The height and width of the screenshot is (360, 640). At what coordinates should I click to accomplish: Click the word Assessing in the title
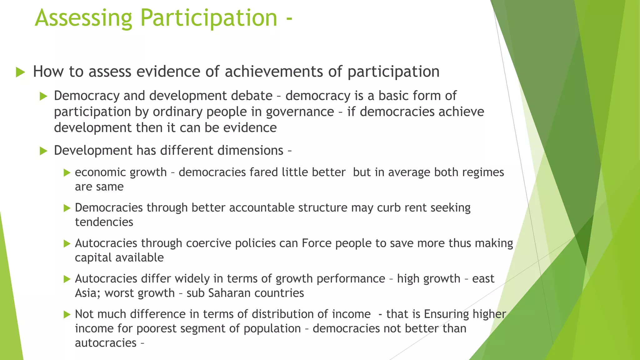click(x=83, y=18)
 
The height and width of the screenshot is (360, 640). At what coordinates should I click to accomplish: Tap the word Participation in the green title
click(x=209, y=18)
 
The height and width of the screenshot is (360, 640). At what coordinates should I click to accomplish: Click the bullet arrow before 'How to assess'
click(x=20, y=72)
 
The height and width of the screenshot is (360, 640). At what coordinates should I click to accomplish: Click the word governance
click(x=300, y=112)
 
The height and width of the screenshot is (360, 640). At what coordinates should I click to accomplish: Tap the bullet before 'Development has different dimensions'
click(x=43, y=151)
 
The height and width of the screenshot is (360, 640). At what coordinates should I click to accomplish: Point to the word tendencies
click(x=104, y=222)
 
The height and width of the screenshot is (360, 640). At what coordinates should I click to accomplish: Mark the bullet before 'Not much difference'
click(x=67, y=314)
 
